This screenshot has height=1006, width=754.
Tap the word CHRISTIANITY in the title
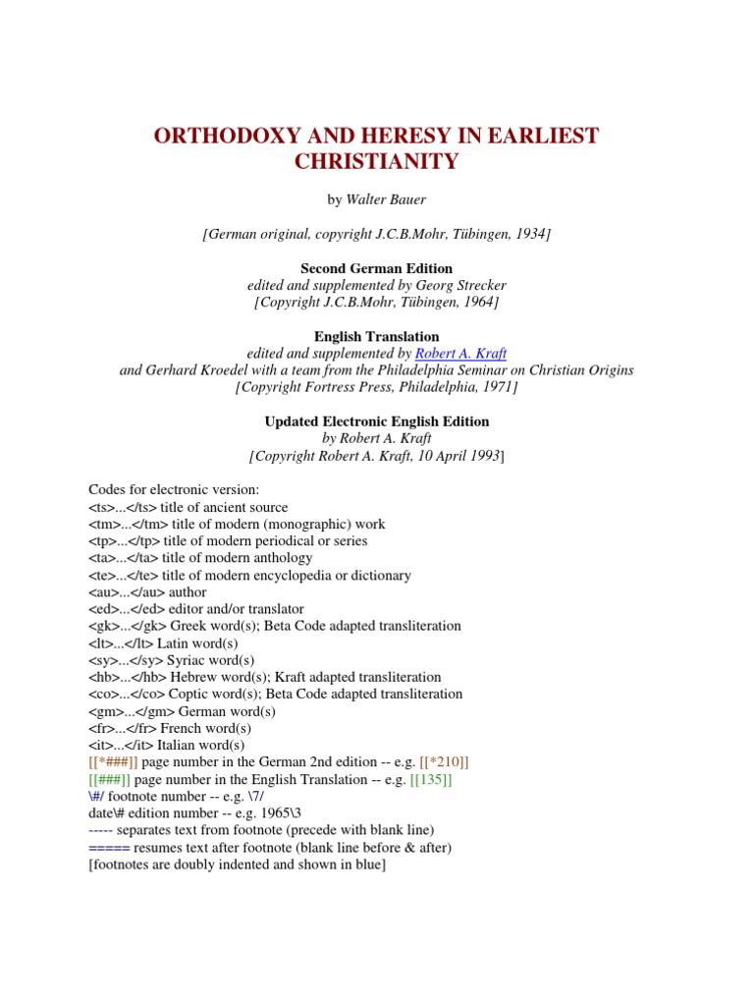pyautogui.click(x=376, y=162)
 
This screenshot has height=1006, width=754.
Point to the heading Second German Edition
pyautogui.click(x=376, y=268)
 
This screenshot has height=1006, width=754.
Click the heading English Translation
pyautogui.click(x=376, y=337)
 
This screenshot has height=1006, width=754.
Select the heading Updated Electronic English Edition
pyautogui.click(x=376, y=421)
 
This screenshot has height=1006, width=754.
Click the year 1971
pyautogui.click(x=498, y=387)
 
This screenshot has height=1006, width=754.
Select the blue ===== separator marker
pyautogui.click(x=109, y=847)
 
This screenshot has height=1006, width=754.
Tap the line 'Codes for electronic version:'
pyautogui.click(x=175, y=490)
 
